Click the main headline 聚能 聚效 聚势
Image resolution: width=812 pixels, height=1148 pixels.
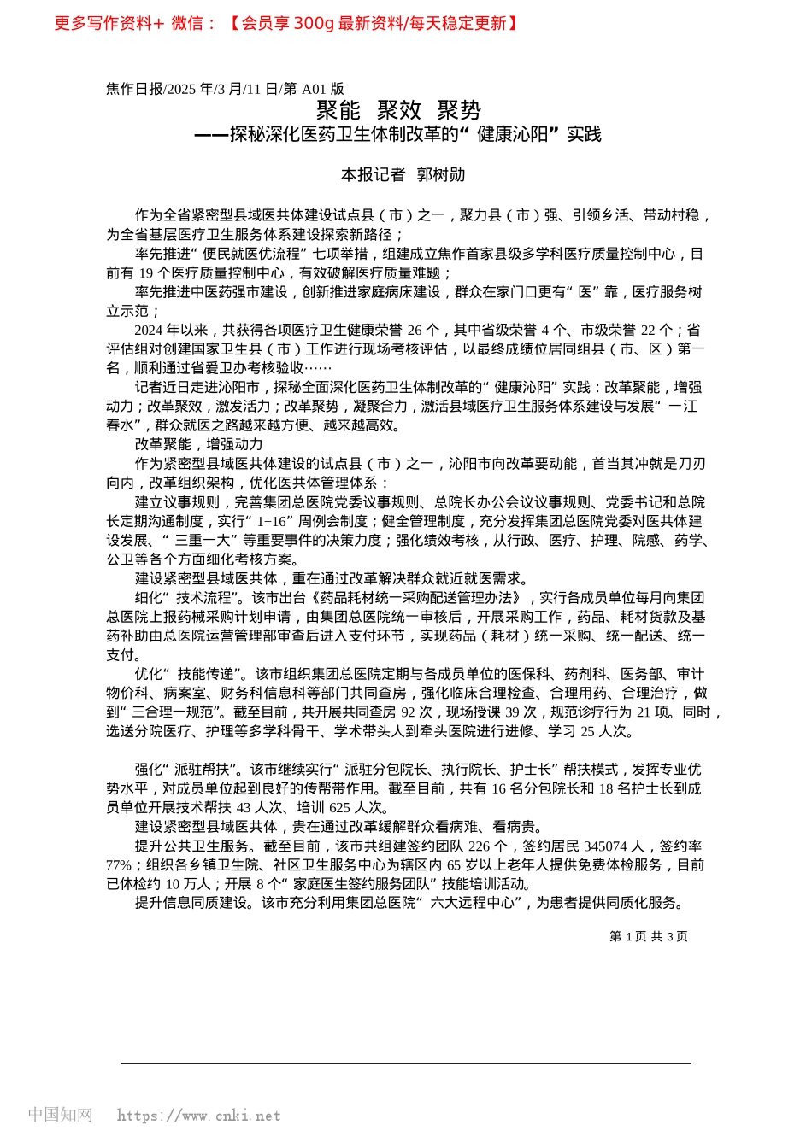pyautogui.click(x=398, y=110)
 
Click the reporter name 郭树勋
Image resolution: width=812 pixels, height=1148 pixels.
pyautogui.click(x=441, y=175)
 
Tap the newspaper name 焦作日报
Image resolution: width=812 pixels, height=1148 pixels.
pyautogui.click(x=134, y=89)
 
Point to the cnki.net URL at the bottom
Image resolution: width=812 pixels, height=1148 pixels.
pyautogui.click(x=198, y=1116)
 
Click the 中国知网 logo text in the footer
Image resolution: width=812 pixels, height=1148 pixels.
pyautogui.click(x=60, y=1115)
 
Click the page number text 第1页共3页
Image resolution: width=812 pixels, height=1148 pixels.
pyautogui.click(x=648, y=936)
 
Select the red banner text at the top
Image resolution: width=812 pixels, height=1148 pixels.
pyautogui.click(x=286, y=23)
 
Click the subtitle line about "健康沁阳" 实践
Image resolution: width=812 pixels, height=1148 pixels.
pyautogui.click(x=398, y=135)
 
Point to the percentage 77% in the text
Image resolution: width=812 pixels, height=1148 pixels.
pyautogui.click(x=119, y=865)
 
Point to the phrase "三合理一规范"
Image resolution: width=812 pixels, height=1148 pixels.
pyautogui.click(x=174, y=712)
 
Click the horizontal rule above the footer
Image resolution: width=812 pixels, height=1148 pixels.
pyautogui.click(x=406, y=1063)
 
